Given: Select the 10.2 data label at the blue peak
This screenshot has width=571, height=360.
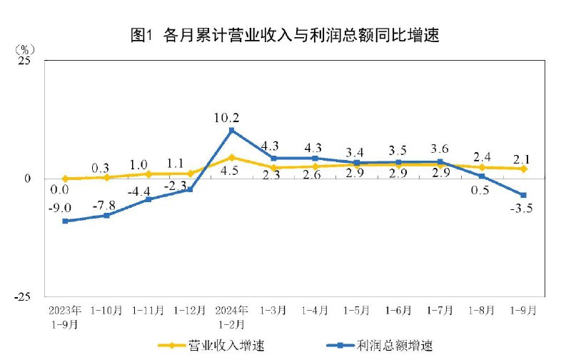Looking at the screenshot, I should click(x=232, y=118).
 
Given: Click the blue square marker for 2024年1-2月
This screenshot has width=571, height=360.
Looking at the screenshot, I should click(x=232, y=131).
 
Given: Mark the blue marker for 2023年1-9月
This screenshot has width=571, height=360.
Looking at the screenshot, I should click(x=65, y=221).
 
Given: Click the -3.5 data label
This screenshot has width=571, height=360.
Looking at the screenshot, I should click(x=525, y=209).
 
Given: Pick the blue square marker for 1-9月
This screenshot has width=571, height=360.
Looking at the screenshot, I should click(x=524, y=195).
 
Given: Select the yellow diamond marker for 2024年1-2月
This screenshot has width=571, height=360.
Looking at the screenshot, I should click(x=232, y=157).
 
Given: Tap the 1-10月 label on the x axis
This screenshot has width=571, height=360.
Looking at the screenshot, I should click(x=107, y=311).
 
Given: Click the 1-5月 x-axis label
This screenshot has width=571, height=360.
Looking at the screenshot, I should click(x=357, y=311).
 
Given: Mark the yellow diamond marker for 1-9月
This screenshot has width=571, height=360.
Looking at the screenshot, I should click(x=524, y=169).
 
